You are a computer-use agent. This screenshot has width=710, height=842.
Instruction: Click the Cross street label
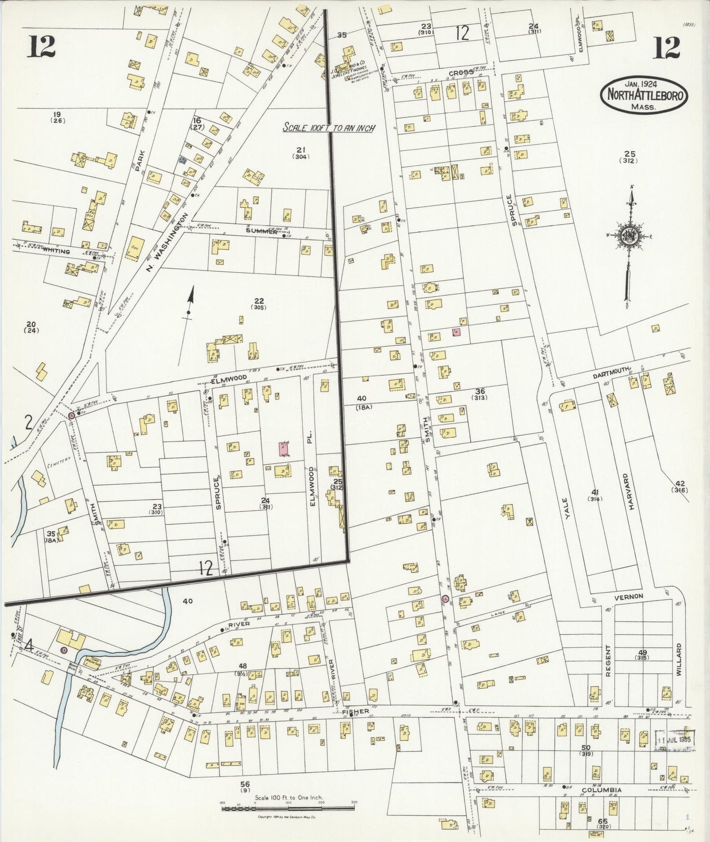(461, 72)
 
